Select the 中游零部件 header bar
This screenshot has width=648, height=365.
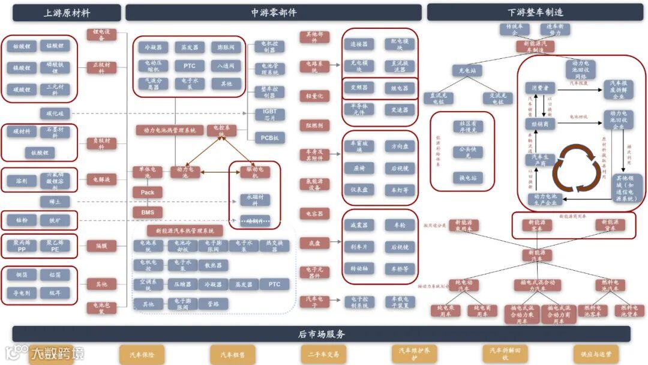[274, 13]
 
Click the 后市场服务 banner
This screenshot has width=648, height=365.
[322, 334]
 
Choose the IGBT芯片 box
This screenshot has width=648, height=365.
[269, 114]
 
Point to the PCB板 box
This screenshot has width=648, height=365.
[269, 137]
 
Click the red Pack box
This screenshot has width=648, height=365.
[148, 193]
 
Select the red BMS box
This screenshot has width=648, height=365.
[148, 213]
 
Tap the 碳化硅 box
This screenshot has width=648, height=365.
[55, 113]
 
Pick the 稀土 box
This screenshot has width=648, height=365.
[55, 202]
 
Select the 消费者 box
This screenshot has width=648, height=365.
[540, 88]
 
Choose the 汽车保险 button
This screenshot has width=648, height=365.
[142, 354]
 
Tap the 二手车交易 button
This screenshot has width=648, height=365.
[323, 354]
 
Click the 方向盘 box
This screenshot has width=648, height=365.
[400, 146]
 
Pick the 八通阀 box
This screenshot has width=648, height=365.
[226, 65]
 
